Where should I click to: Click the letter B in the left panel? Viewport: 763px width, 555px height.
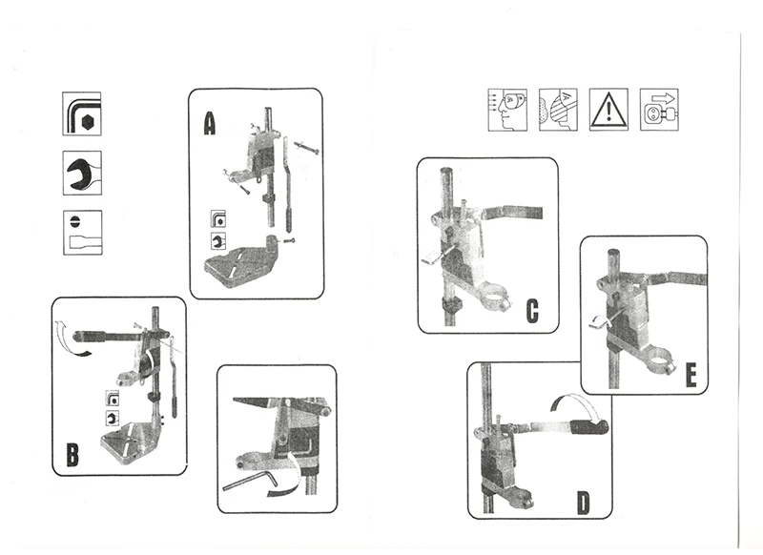coord(72,455)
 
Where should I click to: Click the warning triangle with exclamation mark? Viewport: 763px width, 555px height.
coord(608,108)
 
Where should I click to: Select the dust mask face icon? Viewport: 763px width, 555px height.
coord(557,108)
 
